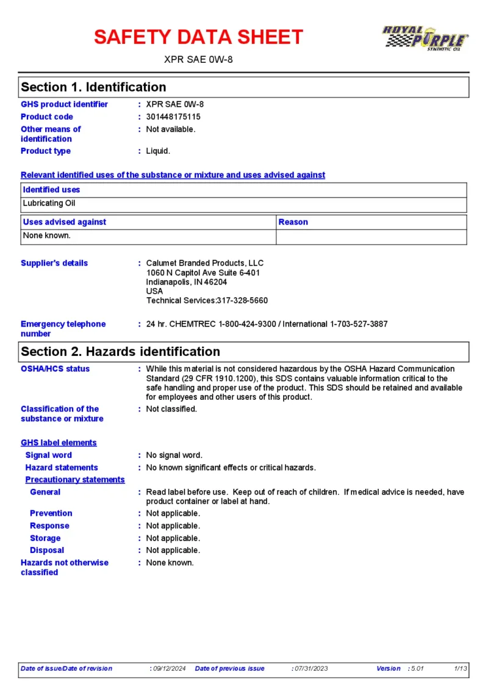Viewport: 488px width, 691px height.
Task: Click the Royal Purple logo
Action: pos(425,38)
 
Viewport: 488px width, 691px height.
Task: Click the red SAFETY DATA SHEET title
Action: pos(198,37)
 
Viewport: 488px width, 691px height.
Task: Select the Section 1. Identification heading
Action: pos(93,87)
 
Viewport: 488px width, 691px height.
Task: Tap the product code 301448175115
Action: pos(173,117)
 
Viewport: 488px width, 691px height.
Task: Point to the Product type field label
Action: pos(46,151)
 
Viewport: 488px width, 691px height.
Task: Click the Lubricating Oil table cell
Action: pos(49,203)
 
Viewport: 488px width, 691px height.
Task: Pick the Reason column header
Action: pos(293,222)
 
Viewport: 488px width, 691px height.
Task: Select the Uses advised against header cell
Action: pos(65,222)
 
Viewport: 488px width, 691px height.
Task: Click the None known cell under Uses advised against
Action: pos(47,235)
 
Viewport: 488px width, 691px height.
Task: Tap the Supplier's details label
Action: pos(54,263)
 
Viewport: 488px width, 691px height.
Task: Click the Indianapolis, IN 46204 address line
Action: pos(187,282)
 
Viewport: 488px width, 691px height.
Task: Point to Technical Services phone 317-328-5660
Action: pos(242,300)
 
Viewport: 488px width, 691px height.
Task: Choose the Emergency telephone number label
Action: pos(63,329)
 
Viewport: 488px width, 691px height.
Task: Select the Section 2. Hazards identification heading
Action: pos(120,352)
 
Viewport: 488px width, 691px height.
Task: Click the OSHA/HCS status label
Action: pos(55,369)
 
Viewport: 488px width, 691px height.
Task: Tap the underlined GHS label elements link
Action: pos(59,443)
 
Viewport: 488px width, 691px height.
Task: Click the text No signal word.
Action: pos(174,455)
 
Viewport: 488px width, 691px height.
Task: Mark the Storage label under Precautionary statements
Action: pos(45,538)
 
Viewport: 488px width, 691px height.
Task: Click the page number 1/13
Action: pos(461,668)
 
